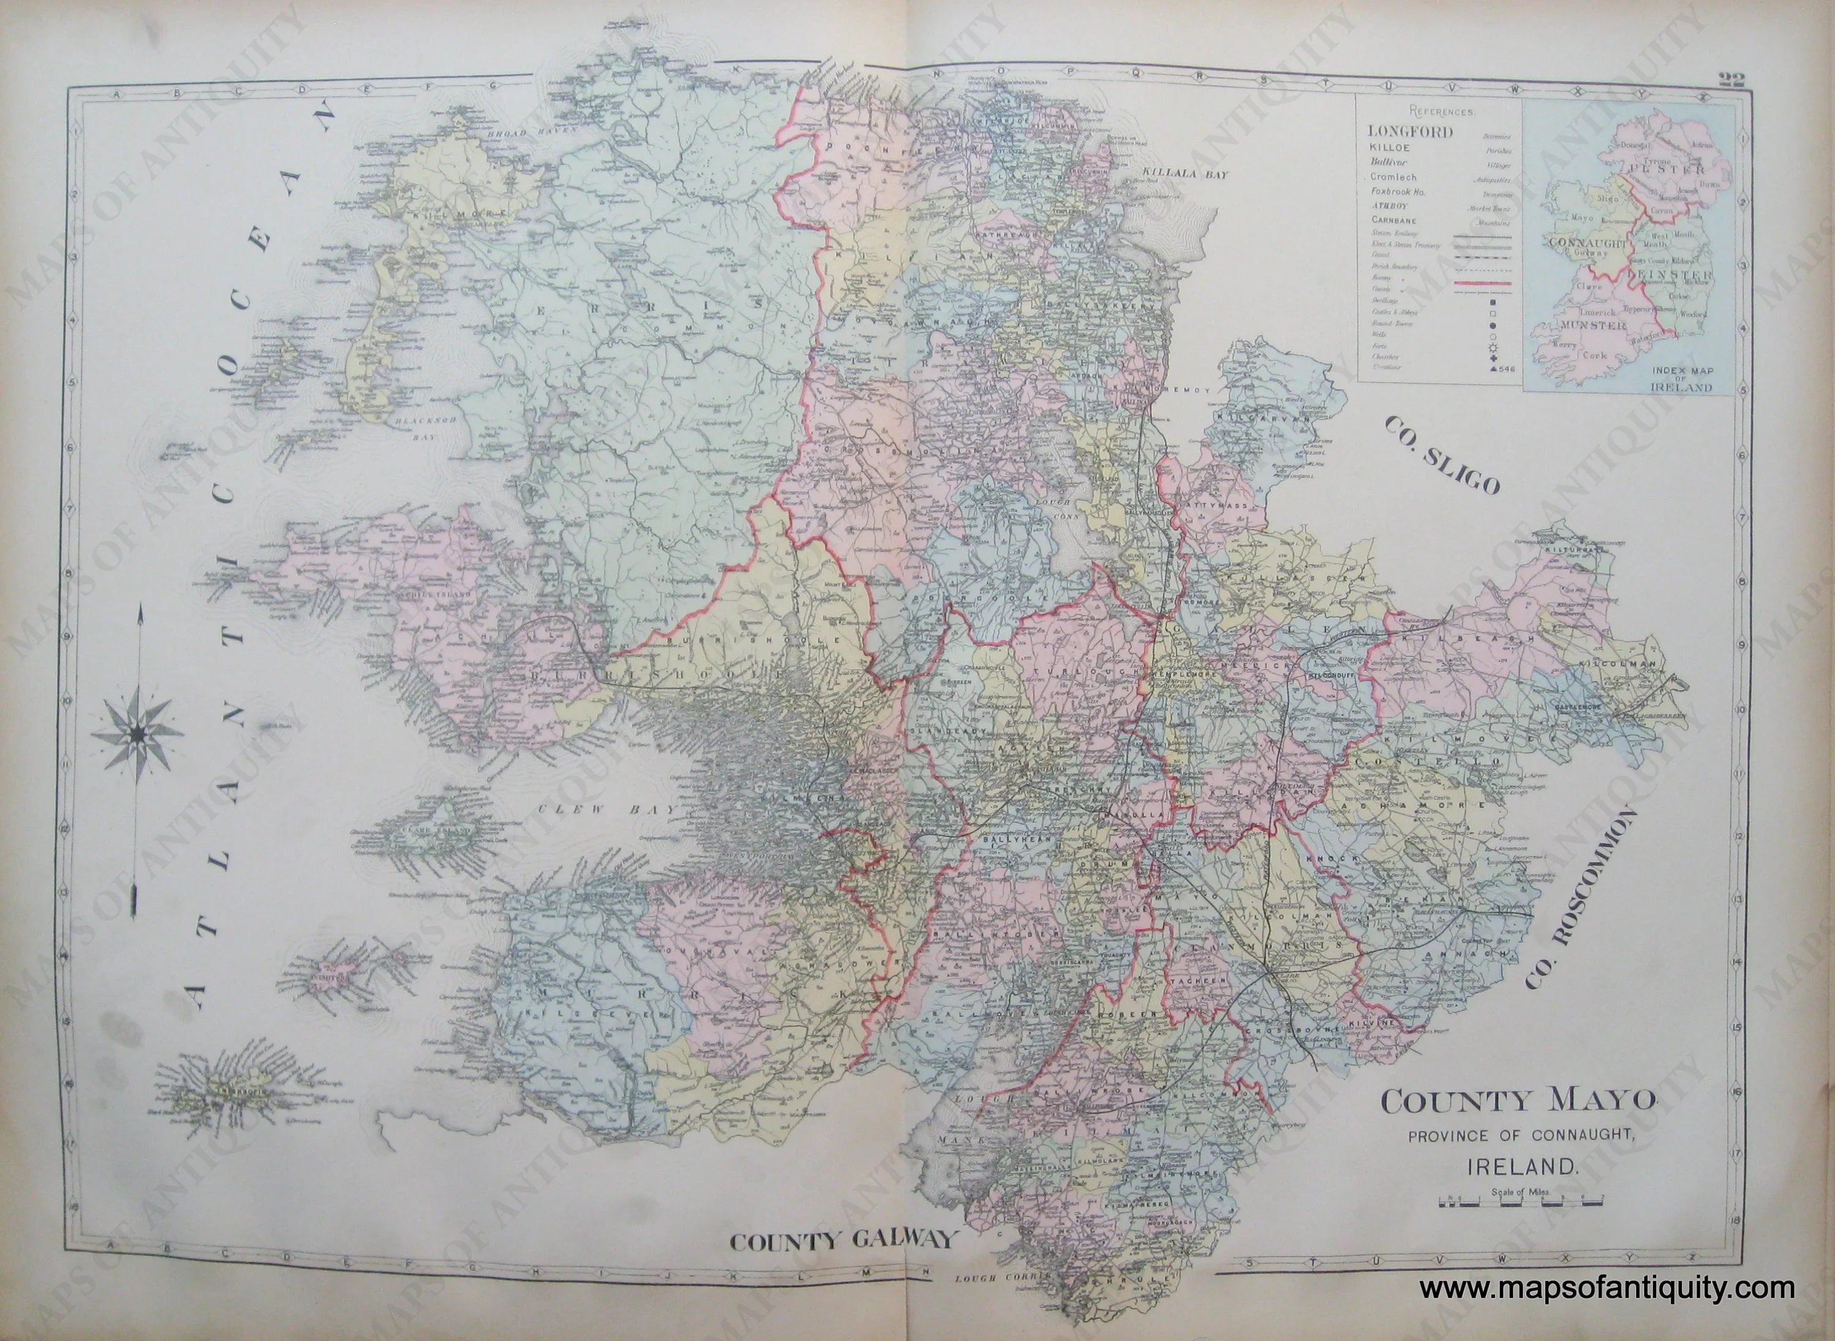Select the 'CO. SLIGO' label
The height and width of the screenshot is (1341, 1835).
tap(1440, 454)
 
